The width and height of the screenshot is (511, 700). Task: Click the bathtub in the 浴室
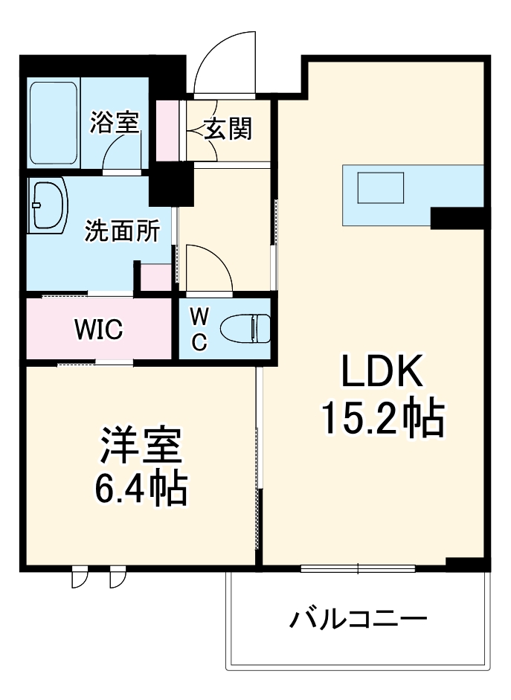54,123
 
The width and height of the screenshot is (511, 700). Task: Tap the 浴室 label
115,123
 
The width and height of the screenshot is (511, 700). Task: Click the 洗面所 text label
121,231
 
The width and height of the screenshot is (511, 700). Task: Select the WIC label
98,329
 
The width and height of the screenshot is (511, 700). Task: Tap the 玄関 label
228,129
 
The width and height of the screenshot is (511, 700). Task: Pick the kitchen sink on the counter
381,187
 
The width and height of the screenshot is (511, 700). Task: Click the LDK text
382,372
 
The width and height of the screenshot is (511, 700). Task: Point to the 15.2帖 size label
382,418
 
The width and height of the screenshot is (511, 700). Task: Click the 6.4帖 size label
140,489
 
